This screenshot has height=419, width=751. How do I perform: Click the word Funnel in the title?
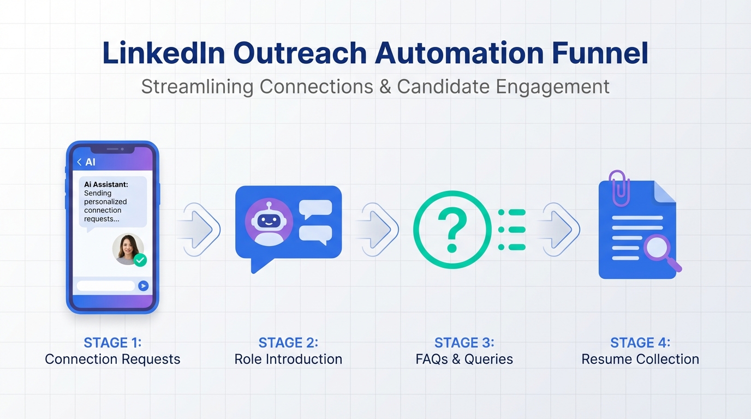[600, 53]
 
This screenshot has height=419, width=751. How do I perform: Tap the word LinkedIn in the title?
[164, 53]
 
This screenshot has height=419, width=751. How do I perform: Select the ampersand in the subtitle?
[385, 87]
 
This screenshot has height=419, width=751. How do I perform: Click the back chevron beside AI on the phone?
[79, 162]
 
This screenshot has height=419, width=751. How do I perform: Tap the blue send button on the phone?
[143, 285]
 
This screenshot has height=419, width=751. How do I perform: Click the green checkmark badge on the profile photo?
[140, 260]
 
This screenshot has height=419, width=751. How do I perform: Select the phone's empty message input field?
[106, 285]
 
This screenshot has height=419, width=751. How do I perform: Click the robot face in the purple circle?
[269, 222]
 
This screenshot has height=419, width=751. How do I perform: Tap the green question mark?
[452, 230]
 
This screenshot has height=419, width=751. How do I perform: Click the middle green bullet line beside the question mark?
[512, 230]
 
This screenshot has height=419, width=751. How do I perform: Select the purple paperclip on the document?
[619, 188]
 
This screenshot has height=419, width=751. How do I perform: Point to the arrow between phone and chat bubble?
[200, 230]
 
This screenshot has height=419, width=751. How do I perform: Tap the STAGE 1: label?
[112, 343]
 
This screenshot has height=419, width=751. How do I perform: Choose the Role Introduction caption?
[288, 359]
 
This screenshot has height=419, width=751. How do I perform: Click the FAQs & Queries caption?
[464, 359]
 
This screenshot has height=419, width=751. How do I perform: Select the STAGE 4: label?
[640, 343]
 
